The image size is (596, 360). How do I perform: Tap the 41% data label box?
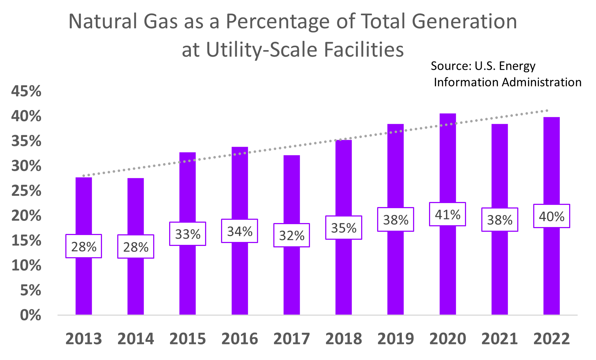pyautogui.click(x=448, y=215)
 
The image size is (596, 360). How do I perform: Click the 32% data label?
pyautogui.click(x=292, y=236)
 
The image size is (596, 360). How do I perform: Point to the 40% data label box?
pyautogui.click(x=551, y=217)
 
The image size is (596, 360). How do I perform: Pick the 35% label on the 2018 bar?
pyautogui.click(x=344, y=228)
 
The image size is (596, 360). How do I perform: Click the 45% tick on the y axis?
pyautogui.click(x=26, y=91)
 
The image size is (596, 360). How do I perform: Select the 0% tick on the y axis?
pyautogui.click(x=30, y=315)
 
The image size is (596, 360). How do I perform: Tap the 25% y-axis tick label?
pyautogui.click(x=26, y=191)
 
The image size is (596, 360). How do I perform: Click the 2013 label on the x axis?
pyautogui.click(x=83, y=339)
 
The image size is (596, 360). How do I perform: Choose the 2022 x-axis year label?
pyautogui.click(x=551, y=339)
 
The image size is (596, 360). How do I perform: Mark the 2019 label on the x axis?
pyautogui.click(x=396, y=339)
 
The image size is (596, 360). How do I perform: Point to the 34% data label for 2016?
pyautogui.click(x=240, y=231)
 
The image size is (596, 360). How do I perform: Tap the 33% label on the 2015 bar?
pyautogui.click(x=188, y=234)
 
